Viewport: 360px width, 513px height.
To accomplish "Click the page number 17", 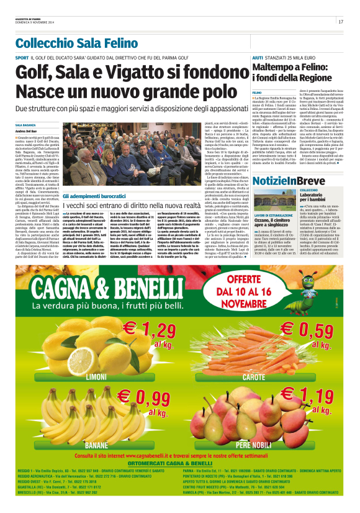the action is click(x=341, y=22).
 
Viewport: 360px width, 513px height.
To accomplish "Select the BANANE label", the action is click(x=96, y=445).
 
